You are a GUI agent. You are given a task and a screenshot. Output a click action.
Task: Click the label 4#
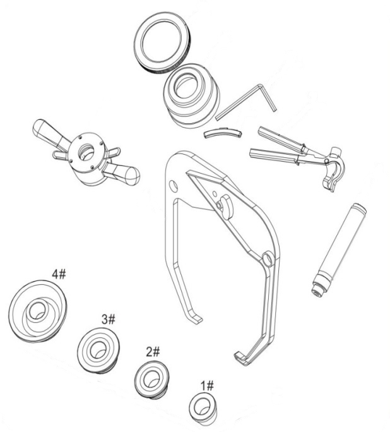(59, 275)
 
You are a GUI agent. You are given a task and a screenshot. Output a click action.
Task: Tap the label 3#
(108, 319)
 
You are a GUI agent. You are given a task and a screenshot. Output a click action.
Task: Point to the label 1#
(206, 385)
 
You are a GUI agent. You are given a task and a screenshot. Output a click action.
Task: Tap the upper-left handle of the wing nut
(47, 131)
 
